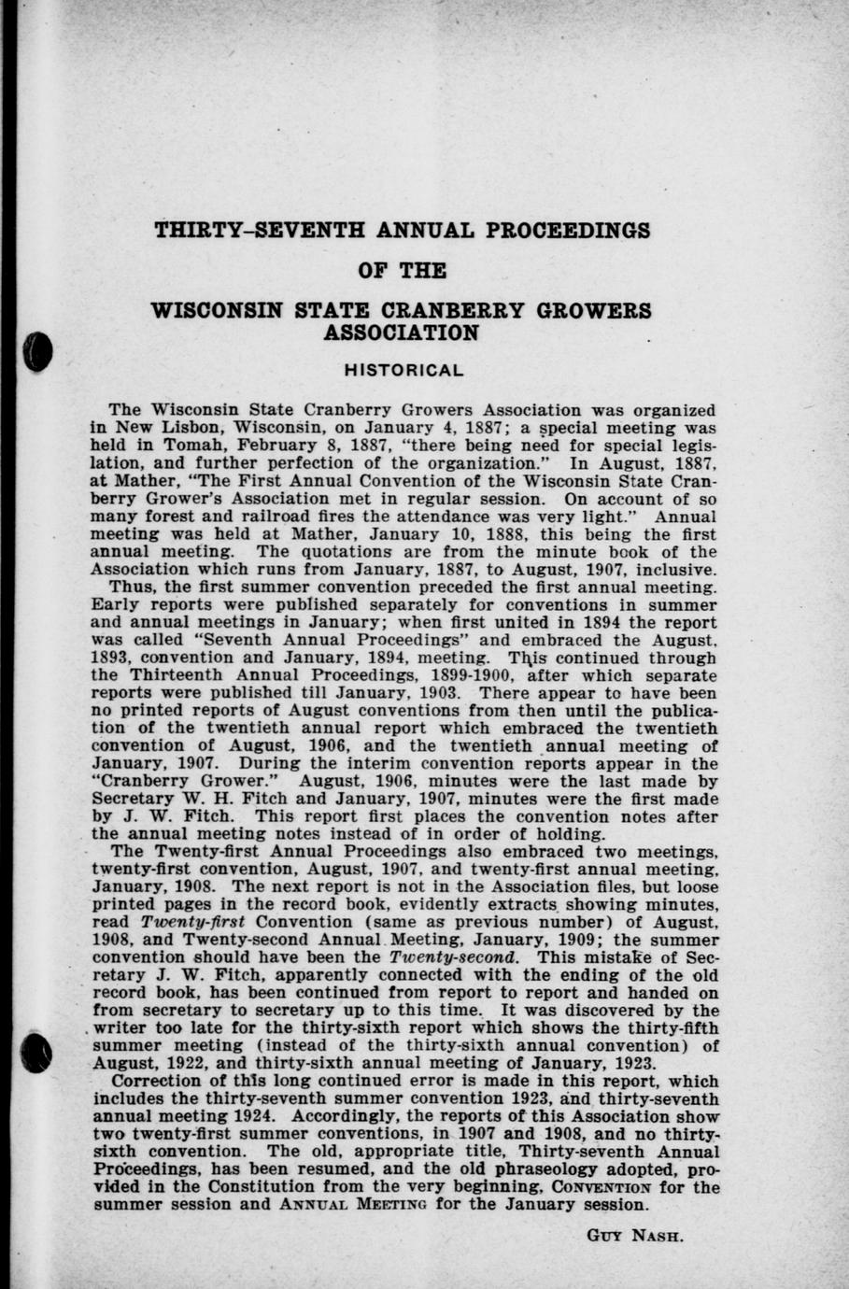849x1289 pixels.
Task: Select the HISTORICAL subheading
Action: coord(403,370)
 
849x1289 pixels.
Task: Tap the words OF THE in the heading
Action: coord(403,271)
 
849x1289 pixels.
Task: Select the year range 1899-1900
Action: coord(459,674)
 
